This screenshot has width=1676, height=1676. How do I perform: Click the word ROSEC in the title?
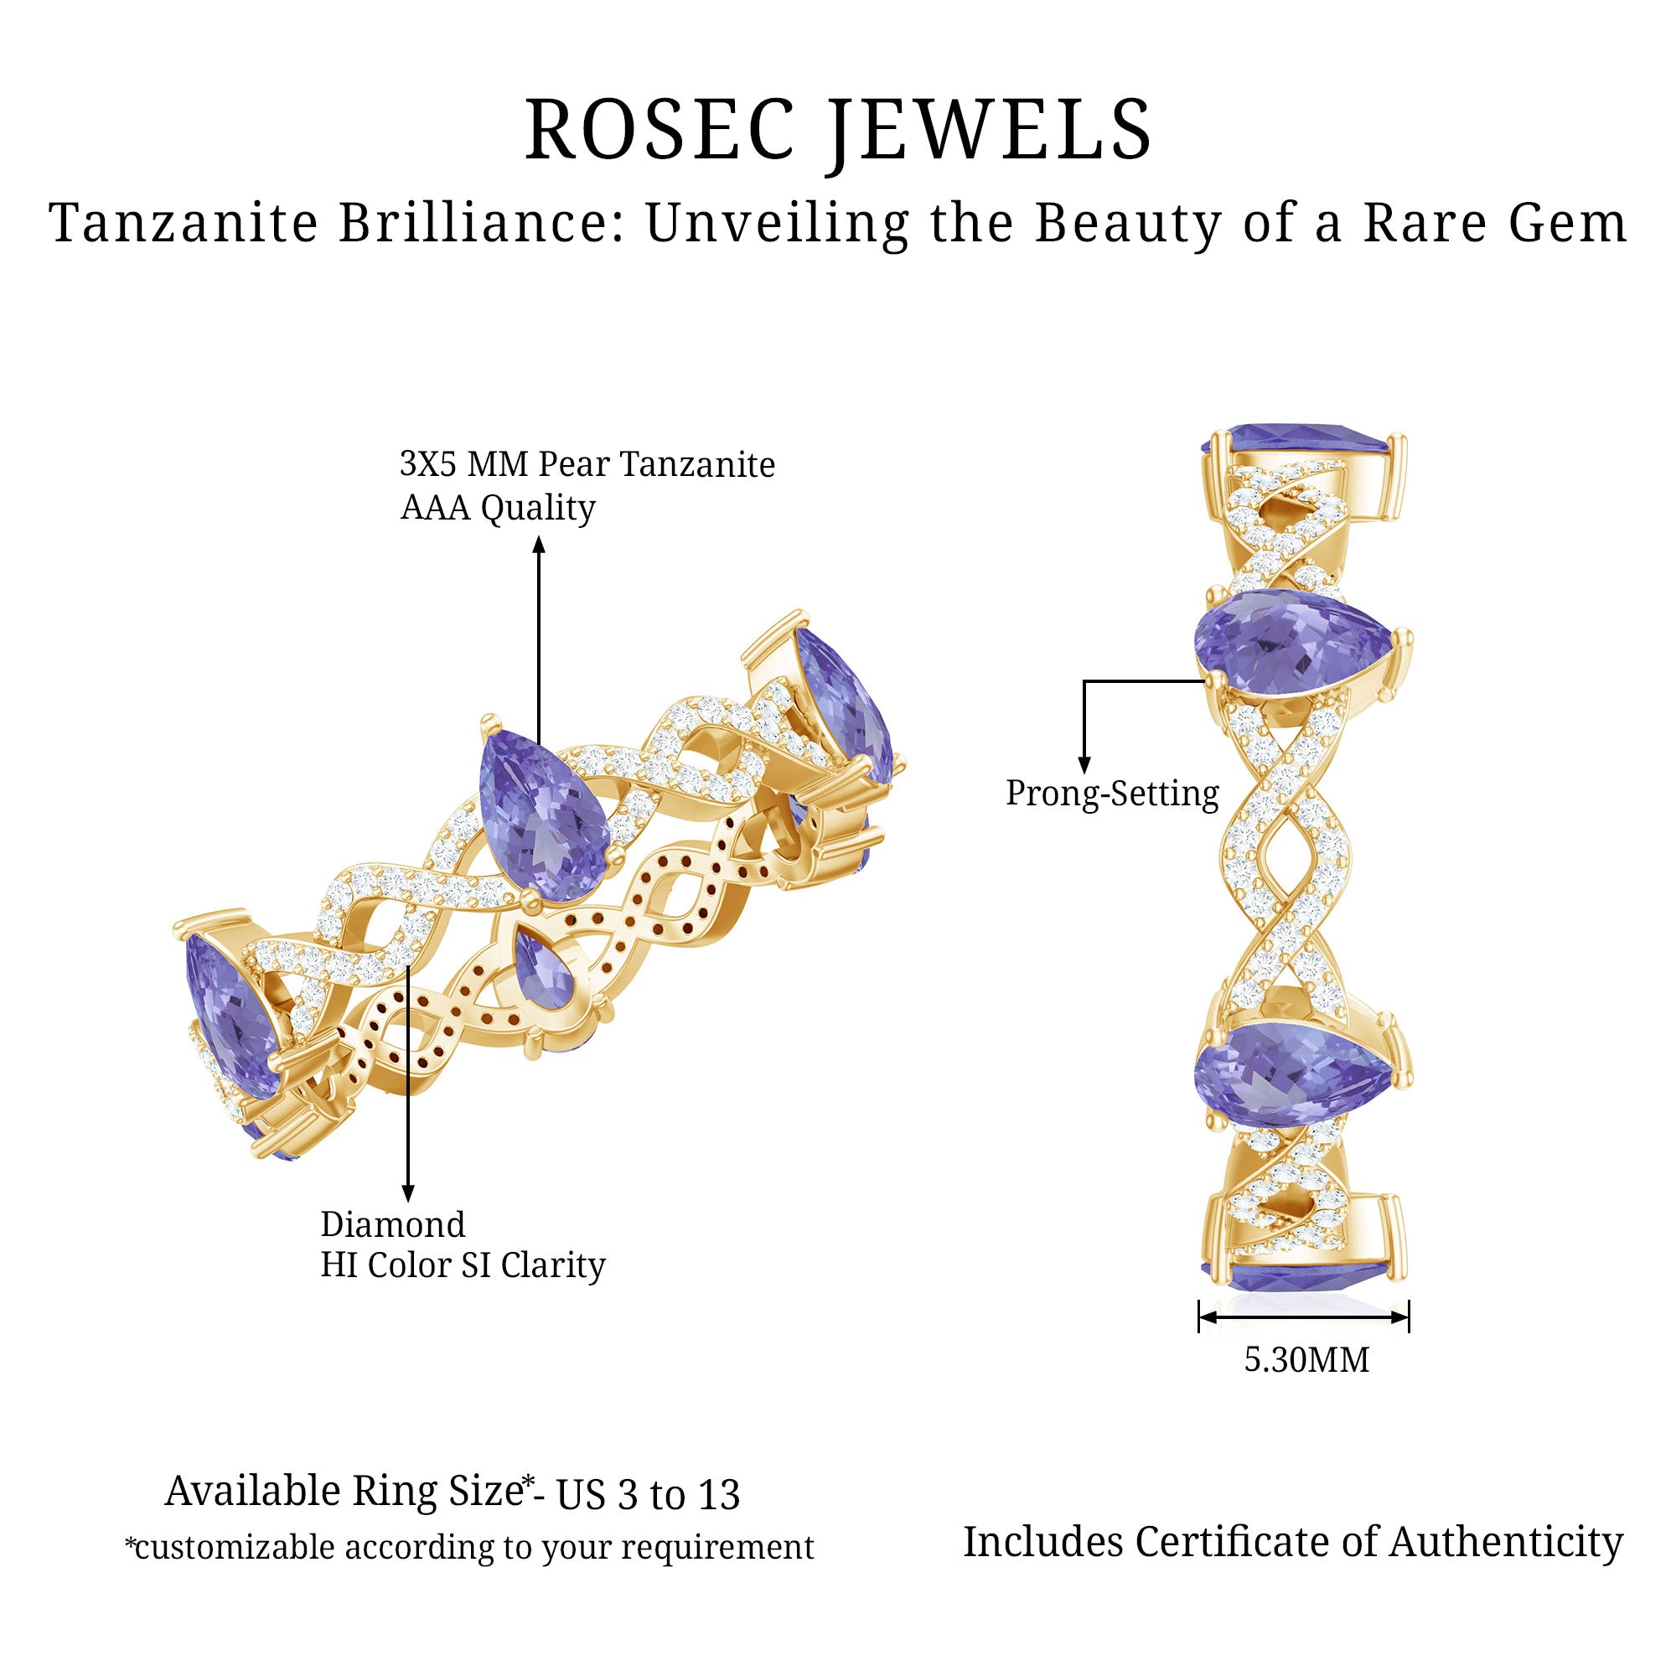(x=660, y=130)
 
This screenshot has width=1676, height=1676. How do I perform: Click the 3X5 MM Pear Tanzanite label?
(x=587, y=465)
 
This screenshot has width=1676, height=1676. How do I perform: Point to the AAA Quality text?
(x=497, y=508)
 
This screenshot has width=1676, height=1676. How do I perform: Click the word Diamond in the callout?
(x=393, y=1224)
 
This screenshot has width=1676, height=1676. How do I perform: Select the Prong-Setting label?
(x=1111, y=793)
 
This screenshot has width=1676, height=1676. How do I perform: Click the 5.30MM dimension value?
(x=1306, y=1359)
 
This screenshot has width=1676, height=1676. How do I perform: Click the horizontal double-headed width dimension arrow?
(x=1303, y=1316)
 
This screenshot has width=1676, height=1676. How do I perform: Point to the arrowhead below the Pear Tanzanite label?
(x=539, y=545)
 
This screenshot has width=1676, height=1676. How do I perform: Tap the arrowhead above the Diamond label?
(x=408, y=1193)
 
